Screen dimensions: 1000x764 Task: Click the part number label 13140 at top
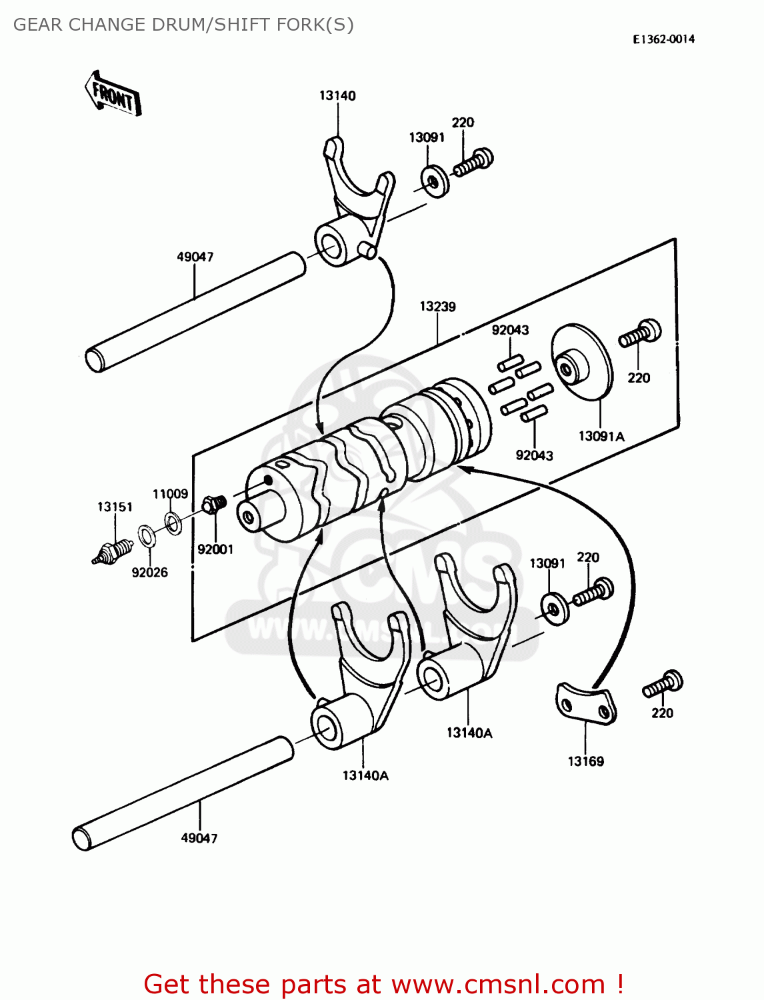pyautogui.click(x=337, y=96)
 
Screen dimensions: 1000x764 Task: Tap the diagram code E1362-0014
pyautogui.click(x=663, y=39)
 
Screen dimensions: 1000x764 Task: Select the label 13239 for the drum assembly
pyautogui.click(x=437, y=307)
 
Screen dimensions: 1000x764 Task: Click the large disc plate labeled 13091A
pyautogui.click(x=581, y=363)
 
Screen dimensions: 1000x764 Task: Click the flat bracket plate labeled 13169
pyautogui.click(x=585, y=703)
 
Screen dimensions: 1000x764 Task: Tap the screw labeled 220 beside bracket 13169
pyautogui.click(x=663, y=685)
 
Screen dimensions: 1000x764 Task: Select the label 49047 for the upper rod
pyautogui.click(x=195, y=257)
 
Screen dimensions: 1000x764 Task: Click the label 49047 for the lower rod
pyautogui.click(x=199, y=839)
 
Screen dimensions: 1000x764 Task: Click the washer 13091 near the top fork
pyautogui.click(x=435, y=181)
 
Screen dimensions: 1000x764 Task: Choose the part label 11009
pyautogui.click(x=170, y=494)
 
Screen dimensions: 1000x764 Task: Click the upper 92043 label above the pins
pyautogui.click(x=510, y=330)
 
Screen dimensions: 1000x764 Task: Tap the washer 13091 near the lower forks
pyautogui.click(x=555, y=607)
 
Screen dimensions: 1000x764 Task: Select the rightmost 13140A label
pyautogui.click(x=469, y=733)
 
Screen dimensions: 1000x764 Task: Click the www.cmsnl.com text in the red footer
pyautogui.click(x=497, y=984)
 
